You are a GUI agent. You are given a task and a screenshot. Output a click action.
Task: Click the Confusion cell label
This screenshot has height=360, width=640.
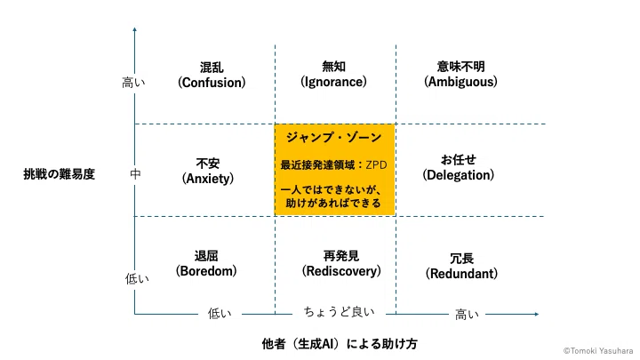click(212, 75)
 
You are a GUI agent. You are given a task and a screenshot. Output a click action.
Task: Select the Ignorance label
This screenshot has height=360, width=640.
click(333, 75)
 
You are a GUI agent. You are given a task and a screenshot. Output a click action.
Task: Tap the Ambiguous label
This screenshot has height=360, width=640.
click(460, 75)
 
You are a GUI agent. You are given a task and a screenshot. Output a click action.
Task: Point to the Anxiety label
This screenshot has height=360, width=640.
click(208, 172)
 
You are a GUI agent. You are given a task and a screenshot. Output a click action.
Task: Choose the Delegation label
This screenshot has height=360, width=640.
click(459, 168)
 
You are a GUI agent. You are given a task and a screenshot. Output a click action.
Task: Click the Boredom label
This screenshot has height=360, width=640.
click(206, 264)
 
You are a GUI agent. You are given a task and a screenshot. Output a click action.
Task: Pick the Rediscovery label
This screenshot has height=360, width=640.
click(341, 264)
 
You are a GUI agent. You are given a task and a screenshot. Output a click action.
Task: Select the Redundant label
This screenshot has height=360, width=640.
click(461, 266)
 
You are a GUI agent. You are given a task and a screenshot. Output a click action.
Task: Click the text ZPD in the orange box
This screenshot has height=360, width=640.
click(376, 165)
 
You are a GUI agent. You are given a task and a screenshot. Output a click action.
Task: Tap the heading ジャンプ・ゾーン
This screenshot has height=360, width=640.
click(334, 137)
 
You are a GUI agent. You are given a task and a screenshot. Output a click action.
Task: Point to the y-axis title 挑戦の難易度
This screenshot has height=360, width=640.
click(60, 174)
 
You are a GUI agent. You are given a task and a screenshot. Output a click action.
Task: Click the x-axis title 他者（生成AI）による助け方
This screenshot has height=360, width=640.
click(340, 344)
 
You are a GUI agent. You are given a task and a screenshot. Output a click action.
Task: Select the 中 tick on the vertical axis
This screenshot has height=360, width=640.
click(135, 174)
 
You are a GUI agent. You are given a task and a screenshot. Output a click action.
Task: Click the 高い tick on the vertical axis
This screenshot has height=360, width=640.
click(133, 83)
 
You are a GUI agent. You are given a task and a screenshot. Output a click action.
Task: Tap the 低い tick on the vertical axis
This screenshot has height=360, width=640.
click(137, 279)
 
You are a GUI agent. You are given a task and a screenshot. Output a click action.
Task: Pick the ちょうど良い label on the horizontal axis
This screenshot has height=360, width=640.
click(340, 312)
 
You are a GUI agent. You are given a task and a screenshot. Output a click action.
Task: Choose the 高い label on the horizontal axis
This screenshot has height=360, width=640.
click(467, 315)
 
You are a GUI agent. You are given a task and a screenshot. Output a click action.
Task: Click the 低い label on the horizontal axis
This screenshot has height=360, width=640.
click(220, 313)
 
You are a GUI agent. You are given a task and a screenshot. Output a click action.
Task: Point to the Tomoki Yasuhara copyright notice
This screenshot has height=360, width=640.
click(598, 350)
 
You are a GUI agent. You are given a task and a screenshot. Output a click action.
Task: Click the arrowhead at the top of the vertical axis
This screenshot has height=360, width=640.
click(135, 29)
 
